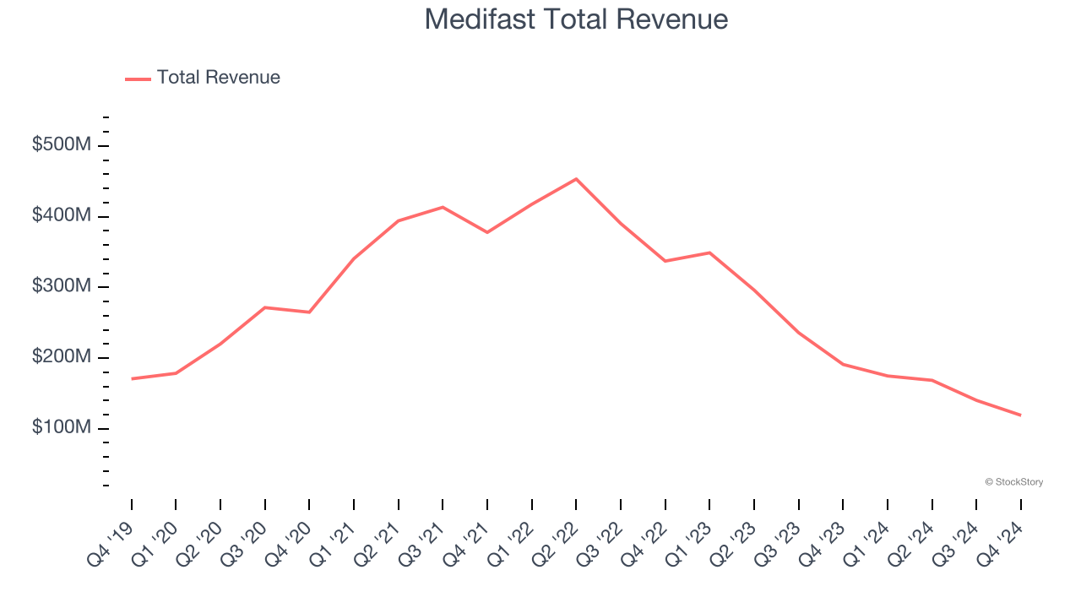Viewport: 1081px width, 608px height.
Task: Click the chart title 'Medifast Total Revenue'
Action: click(576, 19)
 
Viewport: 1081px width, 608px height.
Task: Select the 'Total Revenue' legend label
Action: click(218, 78)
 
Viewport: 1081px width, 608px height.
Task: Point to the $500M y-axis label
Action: click(62, 145)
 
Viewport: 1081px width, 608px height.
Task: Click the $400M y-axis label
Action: click(62, 216)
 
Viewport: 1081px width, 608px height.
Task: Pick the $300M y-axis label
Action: click(62, 286)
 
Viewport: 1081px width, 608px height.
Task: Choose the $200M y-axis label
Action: click(62, 357)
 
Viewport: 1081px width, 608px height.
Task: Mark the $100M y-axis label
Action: click(62, 427)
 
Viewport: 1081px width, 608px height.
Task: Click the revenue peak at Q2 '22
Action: click(576, 179)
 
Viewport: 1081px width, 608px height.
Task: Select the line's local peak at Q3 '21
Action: click(443, 207)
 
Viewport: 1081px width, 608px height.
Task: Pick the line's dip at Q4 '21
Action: click(487, 232)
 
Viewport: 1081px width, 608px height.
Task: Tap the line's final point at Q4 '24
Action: click(1020, 415)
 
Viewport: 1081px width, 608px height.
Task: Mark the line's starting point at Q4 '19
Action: click(132, 378)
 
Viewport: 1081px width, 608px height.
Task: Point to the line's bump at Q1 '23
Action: click(709, 252)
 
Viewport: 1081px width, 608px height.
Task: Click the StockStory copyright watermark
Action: click(1013, 482)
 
